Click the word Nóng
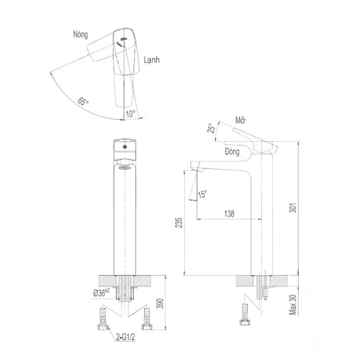click(x=80, y=35)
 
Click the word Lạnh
click(x=152, y=60)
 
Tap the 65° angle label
click(x=83, y=101)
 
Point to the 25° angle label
click(x=211, y=128)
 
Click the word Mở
click(x=240, y=120)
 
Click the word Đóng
click(x=232, y=152)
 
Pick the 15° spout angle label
click(x=202, y=194)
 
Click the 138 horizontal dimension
click(x=229, y=214)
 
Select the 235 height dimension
click(x=179, y=223)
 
